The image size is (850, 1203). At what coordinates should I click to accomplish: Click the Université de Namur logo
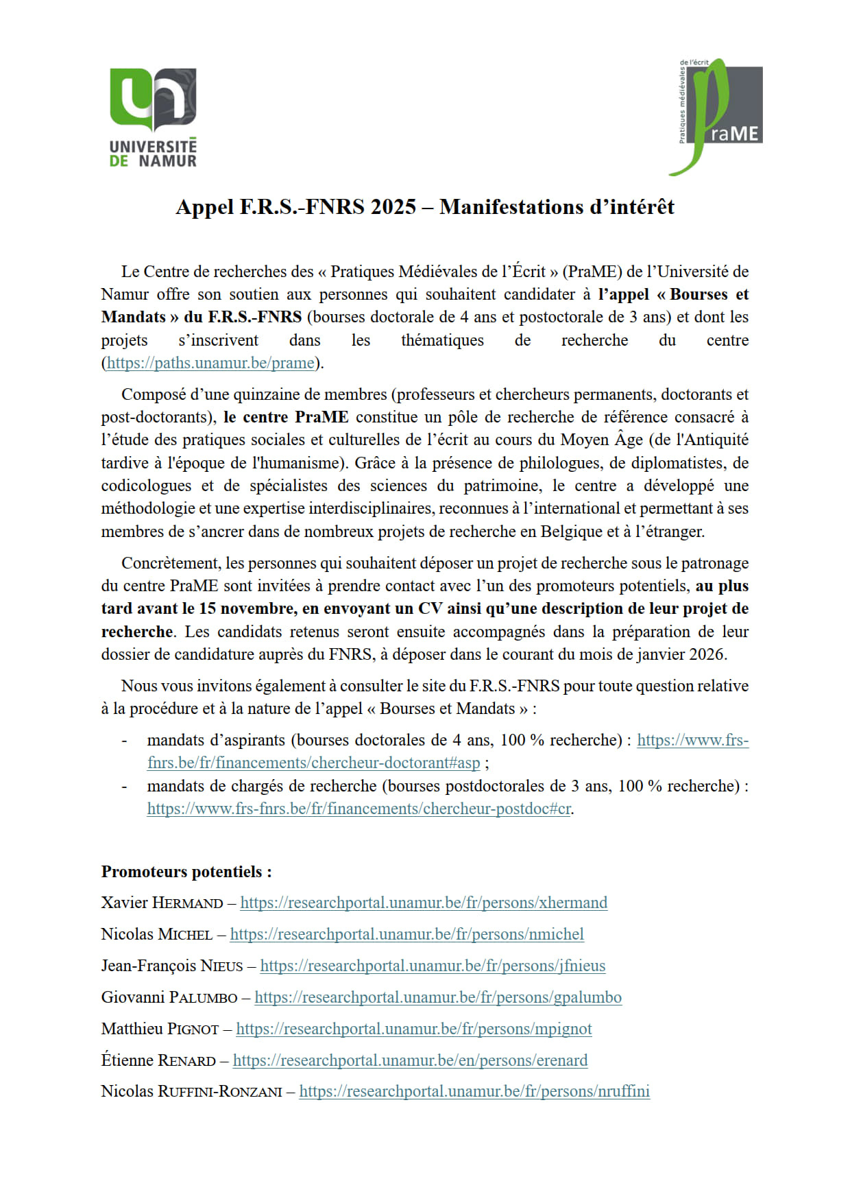pyautogui.click(x=153, y=117)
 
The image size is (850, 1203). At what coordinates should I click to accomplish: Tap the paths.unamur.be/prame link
pyautogui.click(x=210, y=363)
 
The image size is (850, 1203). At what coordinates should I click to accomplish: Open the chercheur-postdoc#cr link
pyautogui.click(x=359, y=809)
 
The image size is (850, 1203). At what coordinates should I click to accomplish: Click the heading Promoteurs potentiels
pyautogui.click(x=186, y=872)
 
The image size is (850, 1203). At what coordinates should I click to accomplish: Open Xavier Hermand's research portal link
pyautogui.click(x=424, y=903)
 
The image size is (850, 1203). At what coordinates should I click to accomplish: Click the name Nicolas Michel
pyautogui.click(x=156, y=934)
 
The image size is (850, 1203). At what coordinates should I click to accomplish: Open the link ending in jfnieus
pyautogui.click(x=433, y=966)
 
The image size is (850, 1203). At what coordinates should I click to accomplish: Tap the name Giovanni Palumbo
pyautogui.click(x=169, y=997)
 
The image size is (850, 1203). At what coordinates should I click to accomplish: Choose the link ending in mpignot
pyautogui.click(x=413, y=1029)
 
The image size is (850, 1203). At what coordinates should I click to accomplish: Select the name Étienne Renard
pyautogui.click(x=158, y=1060)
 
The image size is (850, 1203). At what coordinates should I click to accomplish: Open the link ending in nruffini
pyautogui.click(x=474, y=1091)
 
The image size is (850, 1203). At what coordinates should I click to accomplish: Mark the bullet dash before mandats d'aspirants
pyautogui.click(x=124, y=741)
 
